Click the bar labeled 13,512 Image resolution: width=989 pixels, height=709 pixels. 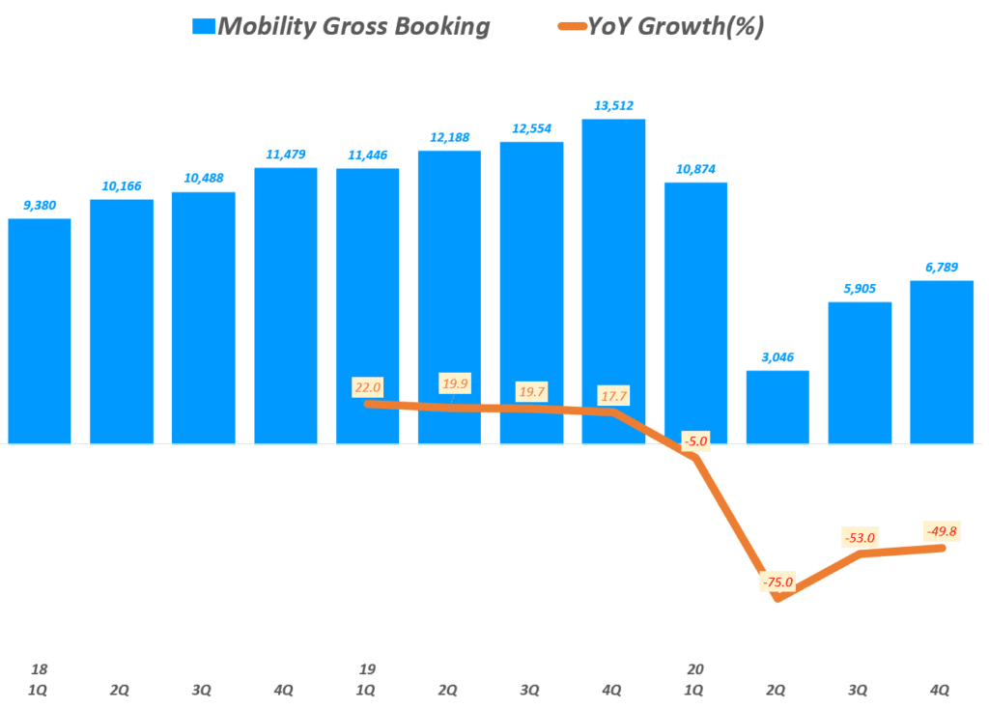point(613,280)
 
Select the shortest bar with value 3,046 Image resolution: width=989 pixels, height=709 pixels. point(777,407)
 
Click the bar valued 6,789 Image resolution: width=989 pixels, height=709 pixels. point(942,361)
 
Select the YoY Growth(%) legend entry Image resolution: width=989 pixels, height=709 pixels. point(663,26)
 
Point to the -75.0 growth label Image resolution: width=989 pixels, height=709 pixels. point(777,581)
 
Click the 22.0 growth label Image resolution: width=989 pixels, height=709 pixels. point(368,387)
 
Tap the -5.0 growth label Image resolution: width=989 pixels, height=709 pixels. point(695,441)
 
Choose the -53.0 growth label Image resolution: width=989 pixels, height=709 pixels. point(858,537)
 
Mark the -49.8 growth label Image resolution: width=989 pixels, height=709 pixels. point(940,530)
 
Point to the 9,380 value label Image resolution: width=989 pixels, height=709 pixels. point(40,205)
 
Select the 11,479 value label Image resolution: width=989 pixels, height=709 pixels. point(286,154)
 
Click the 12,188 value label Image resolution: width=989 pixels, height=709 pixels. point(449,137)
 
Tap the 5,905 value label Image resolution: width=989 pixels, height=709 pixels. point(860,288)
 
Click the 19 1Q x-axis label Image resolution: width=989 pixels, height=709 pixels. point(367,679)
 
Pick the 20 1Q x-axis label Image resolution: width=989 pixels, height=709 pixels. point(695,679)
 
